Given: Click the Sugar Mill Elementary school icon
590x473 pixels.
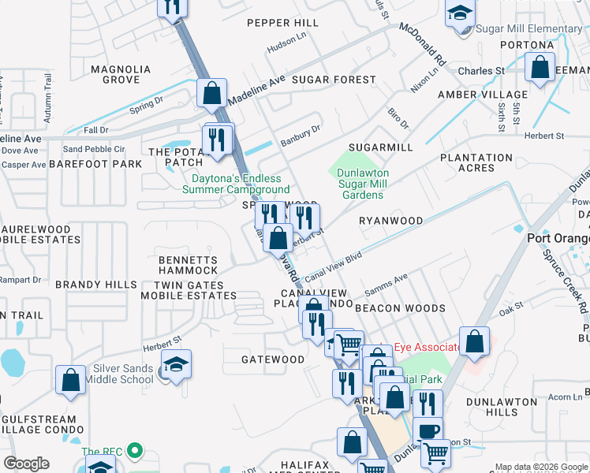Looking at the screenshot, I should tap(460, 14).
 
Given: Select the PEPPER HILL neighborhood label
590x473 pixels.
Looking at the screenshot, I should tap(282, 23).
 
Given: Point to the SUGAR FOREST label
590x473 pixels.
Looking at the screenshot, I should tap(334, 80).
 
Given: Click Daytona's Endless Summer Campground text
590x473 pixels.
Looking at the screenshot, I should tap(236, 184).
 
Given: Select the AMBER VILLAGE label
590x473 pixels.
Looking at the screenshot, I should tap(472, 95).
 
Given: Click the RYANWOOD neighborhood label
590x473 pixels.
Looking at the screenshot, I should tap(390, 222).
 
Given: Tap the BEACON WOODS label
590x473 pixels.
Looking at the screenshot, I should tap(400, 308).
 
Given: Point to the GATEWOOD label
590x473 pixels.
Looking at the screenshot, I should tap(273, 359).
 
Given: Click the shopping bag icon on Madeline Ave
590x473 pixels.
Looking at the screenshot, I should tap(212, 92).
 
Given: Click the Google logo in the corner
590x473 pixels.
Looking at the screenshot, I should tap(26, 464).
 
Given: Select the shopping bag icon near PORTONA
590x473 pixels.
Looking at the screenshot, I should tap(540, 68).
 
